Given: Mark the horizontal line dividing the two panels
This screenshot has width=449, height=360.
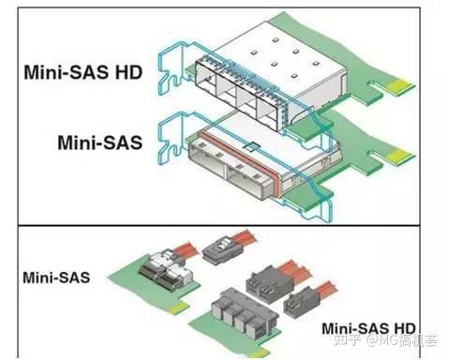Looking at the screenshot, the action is point(225,226).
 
